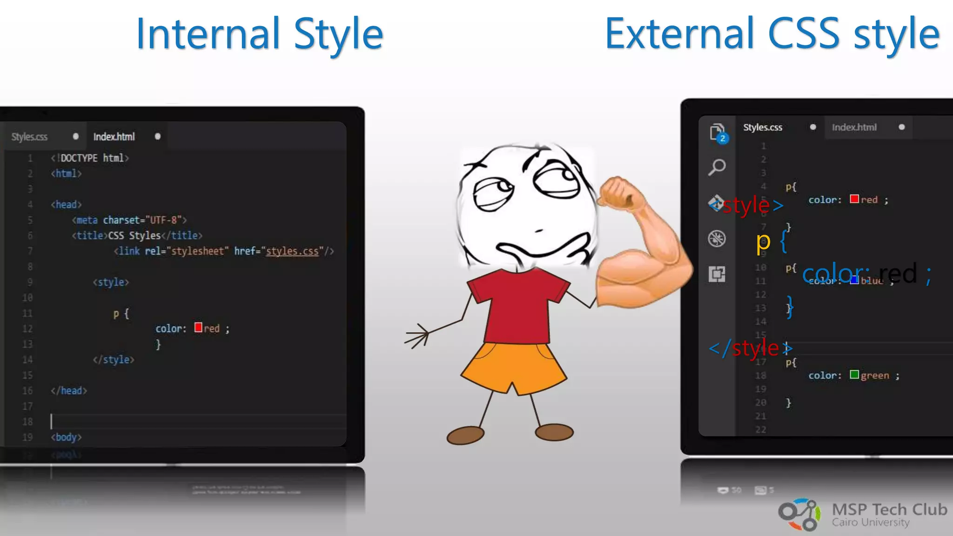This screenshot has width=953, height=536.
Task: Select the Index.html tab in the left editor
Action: (x=114, y=136)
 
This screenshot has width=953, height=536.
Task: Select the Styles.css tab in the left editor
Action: (x=29, y=137)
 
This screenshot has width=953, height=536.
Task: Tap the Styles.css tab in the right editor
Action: (x=763, y=127)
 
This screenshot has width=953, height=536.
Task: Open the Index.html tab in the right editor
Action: (x=854, y=127)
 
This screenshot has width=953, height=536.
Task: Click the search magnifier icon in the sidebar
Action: (x=717, y=167)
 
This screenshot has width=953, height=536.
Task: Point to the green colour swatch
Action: (x=854, y=375)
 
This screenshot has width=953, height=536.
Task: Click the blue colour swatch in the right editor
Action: (x=854, y=280)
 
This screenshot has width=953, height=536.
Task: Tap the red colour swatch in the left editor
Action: (x=198, y=328)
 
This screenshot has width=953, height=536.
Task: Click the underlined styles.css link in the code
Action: (x=292, y=251)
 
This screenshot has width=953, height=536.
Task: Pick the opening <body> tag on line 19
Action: (x=66, y=437)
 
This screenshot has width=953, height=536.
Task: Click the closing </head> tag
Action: (x=69, y=391)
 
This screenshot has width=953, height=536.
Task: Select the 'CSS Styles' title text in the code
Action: (x=134, y=235)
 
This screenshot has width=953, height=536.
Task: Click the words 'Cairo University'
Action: (x=871, y=523)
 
